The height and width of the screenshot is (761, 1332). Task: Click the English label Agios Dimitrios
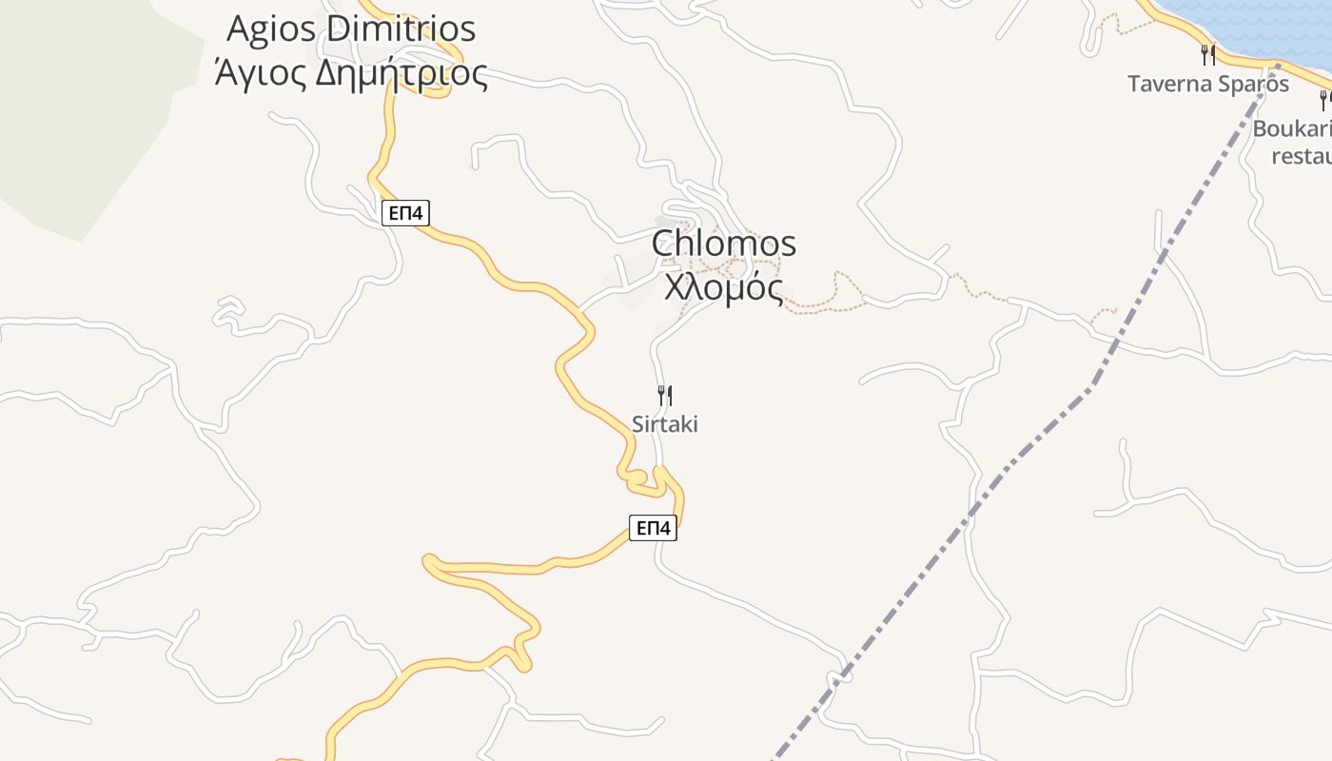(x=351, y=29)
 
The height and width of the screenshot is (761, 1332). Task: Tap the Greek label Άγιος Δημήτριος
(x=351, y=72)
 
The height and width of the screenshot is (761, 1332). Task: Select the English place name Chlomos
(x=724, y=244)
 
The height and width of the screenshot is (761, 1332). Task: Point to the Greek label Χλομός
(x=724, y=286)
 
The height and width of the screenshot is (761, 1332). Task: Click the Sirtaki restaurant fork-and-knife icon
(x=665, y=395)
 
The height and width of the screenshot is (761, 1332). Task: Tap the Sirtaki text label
(x=665, y=424)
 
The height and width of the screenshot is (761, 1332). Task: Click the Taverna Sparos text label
(x=1208, y=84)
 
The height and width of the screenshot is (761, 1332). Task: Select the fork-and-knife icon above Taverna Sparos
(x=1208, y=54)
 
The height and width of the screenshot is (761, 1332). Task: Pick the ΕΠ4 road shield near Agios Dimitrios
(x=405, y=213)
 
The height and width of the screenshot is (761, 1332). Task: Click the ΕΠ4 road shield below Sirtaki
(x=653, y=528)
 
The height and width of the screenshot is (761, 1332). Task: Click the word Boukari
(x=1292, y=128)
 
